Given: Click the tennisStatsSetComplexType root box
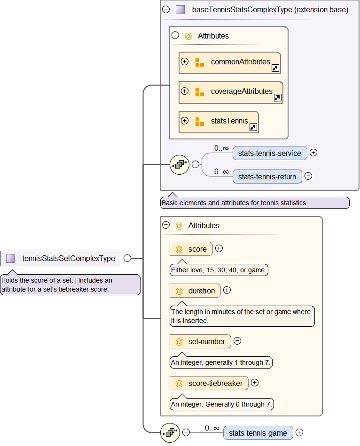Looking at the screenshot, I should pos(61,258).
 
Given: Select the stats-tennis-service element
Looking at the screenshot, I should pos(270,153).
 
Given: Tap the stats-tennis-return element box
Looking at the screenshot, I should pos(267,177).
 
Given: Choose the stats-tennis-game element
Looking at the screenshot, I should pos(258,433).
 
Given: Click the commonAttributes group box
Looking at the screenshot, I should pos(229,62).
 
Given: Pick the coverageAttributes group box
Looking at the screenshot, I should pos(230,92).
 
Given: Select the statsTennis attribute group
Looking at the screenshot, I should pos(219,122).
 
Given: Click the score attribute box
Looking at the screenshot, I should pos(191,249).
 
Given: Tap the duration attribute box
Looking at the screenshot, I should pos(195,291).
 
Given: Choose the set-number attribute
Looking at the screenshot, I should pos(200,342).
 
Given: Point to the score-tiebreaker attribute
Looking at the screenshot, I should pos(209,384).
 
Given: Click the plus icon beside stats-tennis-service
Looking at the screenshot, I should pos(313,153).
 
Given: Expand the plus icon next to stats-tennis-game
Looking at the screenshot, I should pos(299,432).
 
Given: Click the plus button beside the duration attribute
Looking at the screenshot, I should pos(227,290).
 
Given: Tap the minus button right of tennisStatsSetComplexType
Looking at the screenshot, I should pos(127,258).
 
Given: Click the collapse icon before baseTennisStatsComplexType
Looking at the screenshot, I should pos(166,9).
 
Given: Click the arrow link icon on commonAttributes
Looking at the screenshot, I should pos(275,69).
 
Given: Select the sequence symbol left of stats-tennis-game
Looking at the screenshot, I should pos(170,432).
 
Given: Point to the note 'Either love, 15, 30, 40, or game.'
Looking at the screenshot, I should pos(219,270).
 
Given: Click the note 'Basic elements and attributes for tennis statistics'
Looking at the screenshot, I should pos(254,203).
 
